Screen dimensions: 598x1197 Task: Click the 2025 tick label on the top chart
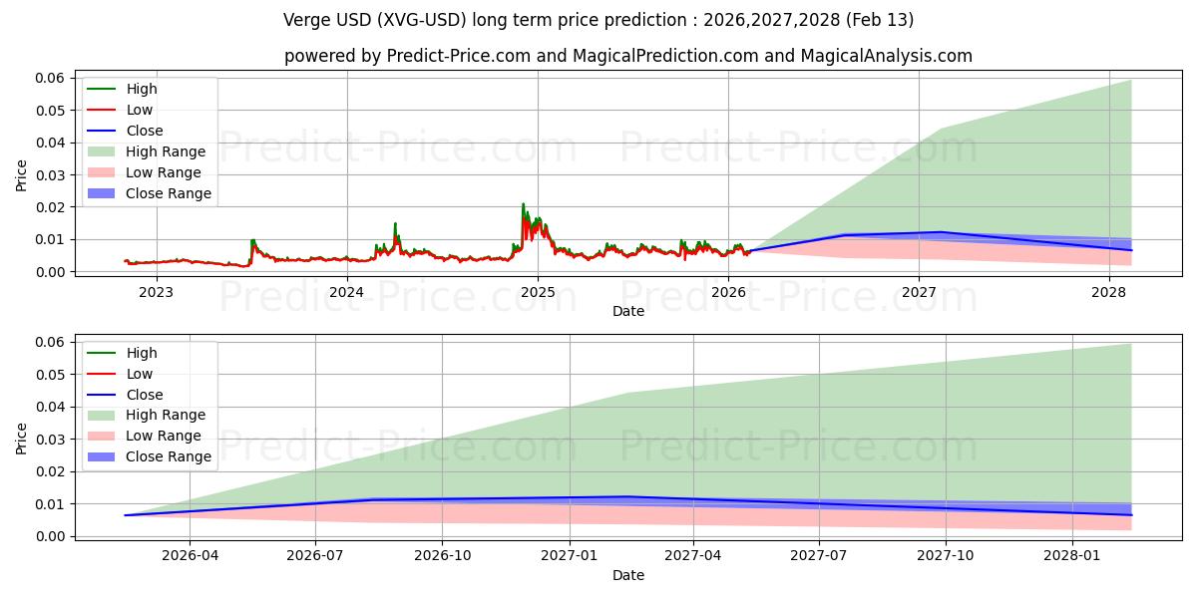coord(538,292)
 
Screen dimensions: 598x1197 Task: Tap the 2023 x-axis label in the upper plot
coord(156,292)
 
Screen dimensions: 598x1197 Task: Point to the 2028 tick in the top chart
coord(1109,292)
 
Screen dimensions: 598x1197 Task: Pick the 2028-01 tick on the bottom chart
coord(1072,556)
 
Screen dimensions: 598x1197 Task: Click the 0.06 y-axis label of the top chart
coord(50,78)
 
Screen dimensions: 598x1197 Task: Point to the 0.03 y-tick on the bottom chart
coord(50,440)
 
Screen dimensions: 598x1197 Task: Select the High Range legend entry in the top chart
coord(165,151)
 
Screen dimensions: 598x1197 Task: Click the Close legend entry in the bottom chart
coord(144,395)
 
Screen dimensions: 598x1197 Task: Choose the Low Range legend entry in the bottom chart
coord(163,436)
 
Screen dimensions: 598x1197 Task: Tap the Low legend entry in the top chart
coord(139,110)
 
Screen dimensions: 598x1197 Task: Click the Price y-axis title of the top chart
coord(22,174)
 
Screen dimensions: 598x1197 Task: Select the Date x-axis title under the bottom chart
coord(628,575)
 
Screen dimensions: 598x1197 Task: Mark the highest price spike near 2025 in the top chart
coord(523,204)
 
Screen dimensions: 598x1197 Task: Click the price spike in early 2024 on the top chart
coord(395,223)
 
